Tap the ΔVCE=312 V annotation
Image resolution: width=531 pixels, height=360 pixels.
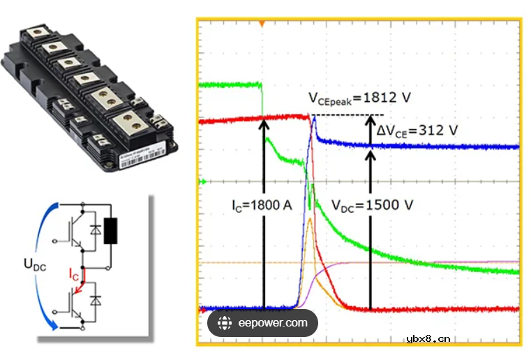[417, 130]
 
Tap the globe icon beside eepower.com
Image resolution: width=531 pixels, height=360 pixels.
[225, 323]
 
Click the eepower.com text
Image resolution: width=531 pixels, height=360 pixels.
[273, 323]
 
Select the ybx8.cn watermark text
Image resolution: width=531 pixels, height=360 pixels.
[428, 340]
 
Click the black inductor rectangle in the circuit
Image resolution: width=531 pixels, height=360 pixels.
[110, 232]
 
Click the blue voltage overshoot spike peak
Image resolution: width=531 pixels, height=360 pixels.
[315, 119]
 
